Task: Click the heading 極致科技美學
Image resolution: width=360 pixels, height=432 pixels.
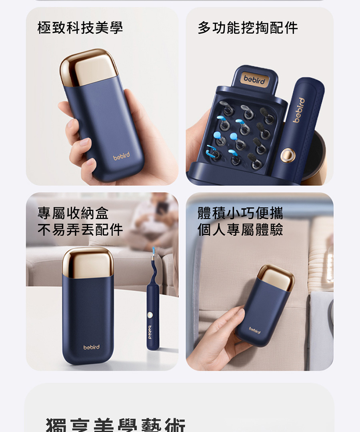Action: (80, 28)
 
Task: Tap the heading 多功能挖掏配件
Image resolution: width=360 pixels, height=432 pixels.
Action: (248, 28)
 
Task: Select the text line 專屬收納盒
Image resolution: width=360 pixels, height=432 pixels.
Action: (73, 213)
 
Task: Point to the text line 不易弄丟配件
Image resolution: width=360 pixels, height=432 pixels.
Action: (80, 230)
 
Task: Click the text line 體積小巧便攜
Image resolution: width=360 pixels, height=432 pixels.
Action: (240, 213)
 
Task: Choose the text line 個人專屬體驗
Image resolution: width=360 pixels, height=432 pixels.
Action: (240, 230)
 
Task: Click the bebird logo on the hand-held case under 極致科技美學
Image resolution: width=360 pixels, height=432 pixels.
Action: (121, 157)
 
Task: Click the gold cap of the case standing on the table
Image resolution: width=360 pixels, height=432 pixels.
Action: (88, 262)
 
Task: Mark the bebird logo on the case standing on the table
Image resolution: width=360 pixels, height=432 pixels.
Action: (92, 347)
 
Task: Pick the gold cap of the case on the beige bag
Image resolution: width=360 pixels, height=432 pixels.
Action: (276, 276)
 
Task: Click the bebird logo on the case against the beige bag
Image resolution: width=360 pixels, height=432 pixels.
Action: (254, 330)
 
